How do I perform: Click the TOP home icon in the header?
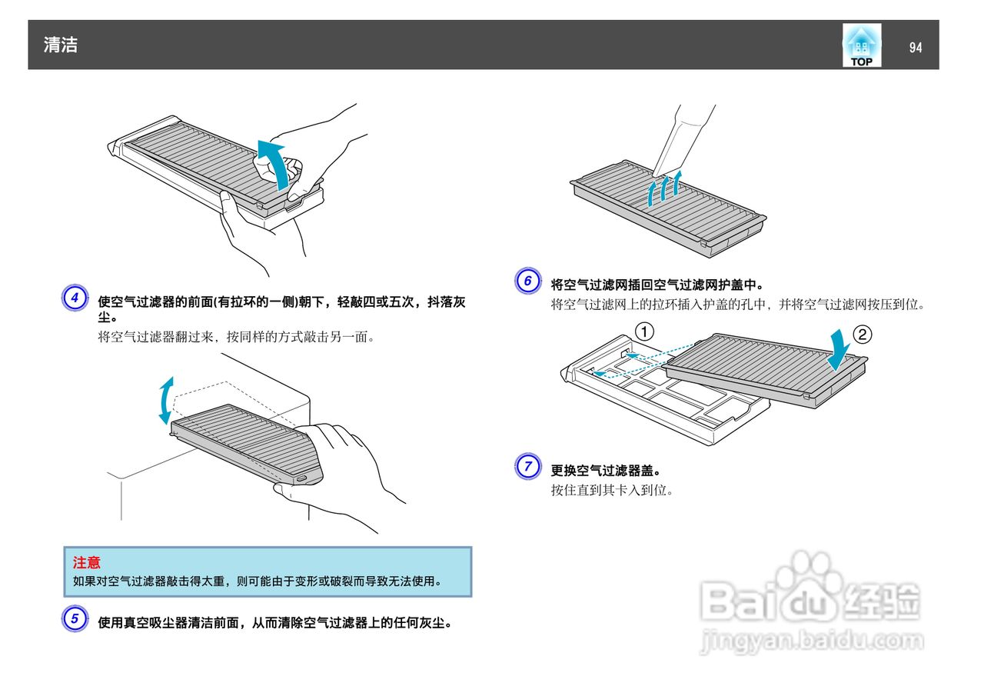click(x=861, y=45)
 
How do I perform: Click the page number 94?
click(x=915, y=48)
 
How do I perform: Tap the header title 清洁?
click(x=61, y=45)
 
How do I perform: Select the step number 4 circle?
click(x=75, y=298)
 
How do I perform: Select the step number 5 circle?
click(x=75, y=619)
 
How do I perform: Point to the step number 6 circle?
click(x=527, y=281)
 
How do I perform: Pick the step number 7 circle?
click(x=527, y=466)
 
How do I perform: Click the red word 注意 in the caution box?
click(x=87, y=563)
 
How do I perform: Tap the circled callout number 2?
click(x=863, y=335)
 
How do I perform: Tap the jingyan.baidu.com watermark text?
click(x=812, y=640)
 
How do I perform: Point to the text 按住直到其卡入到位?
click(x=612, y=490)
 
